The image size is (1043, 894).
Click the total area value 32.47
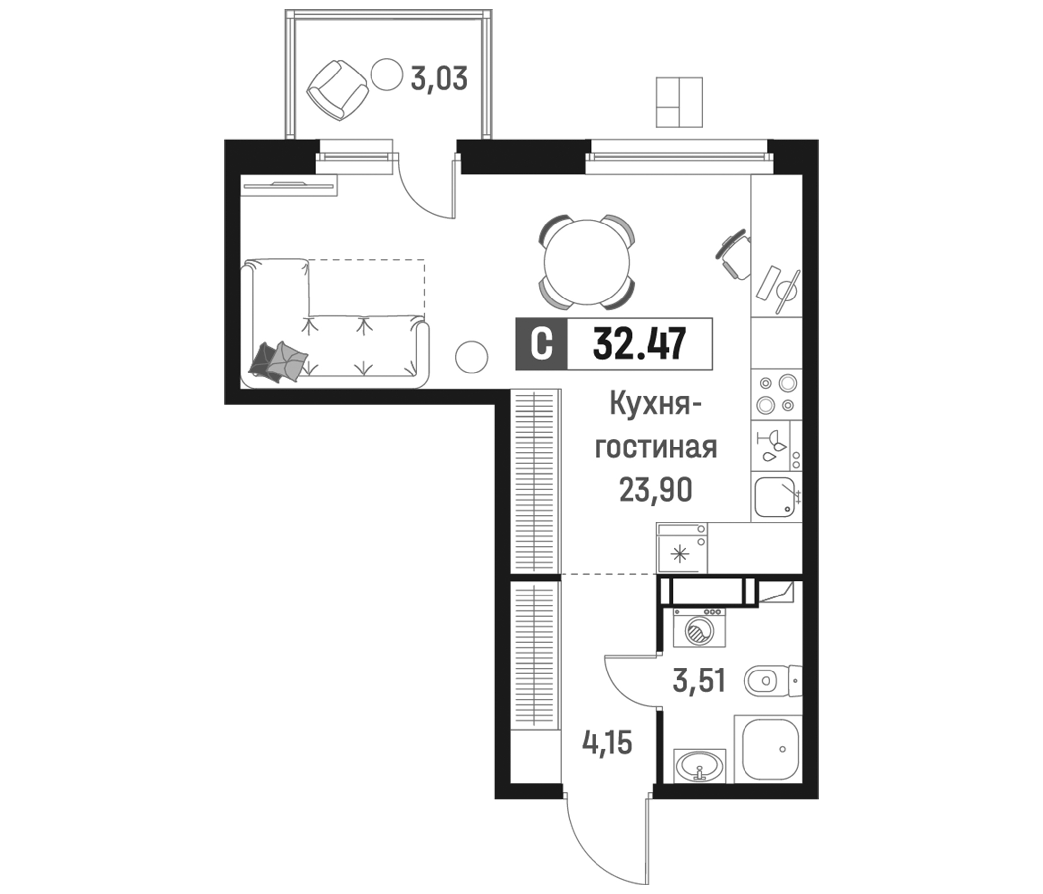(x=639, y=344)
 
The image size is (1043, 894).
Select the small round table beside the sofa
(x=472, y=357)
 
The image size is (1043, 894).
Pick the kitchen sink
(x=776, y=497)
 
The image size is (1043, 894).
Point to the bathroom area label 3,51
(x=699, y=680)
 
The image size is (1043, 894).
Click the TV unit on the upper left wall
(x=289, y=185)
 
